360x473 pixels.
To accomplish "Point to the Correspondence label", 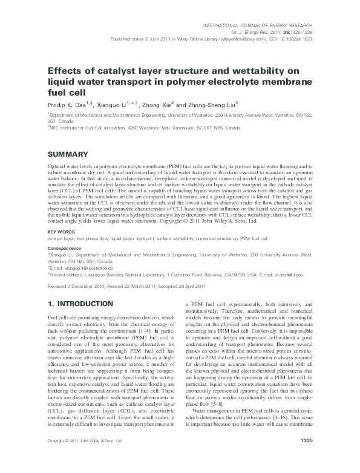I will [65, 248].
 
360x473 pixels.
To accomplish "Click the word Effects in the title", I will [65, 70].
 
